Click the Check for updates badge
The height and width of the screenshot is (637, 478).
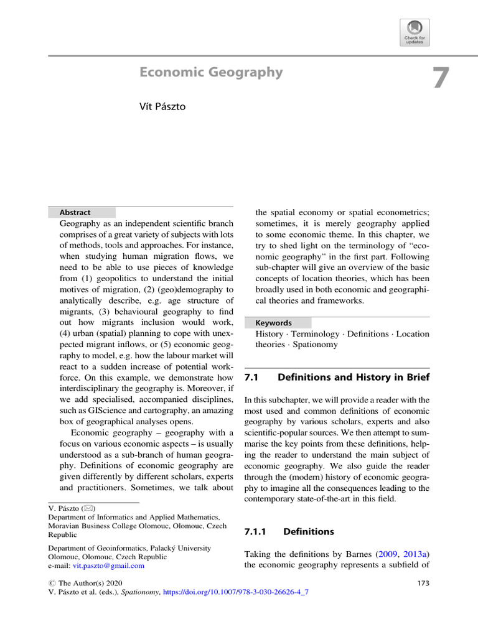[x=415, y=32]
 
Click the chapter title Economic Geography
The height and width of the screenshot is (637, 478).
[x=211, y=73]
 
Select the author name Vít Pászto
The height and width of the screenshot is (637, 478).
[x=162, y=106]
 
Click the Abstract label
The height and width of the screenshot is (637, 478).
[x=75, y=212]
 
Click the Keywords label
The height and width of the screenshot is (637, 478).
[x=273, y=323]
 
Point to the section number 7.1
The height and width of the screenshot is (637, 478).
[x=251, y=377]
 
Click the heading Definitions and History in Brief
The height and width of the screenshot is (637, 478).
[x=353, y=377]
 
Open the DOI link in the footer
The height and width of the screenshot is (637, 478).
[x=235, y=592]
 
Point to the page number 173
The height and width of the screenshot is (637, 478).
[x=421, y=583]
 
